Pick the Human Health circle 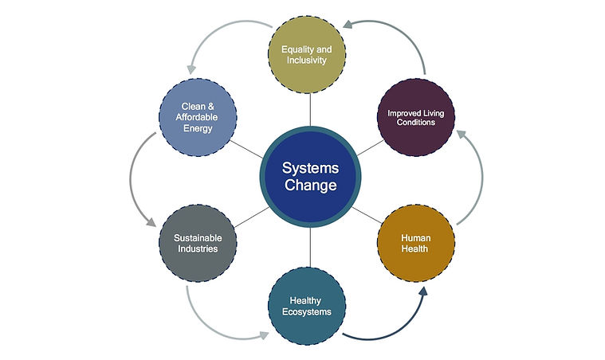(x=414, y=242)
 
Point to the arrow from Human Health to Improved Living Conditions (x=480, y=175)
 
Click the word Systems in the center (x=310, y=168)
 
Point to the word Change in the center (x=310, y=186)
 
